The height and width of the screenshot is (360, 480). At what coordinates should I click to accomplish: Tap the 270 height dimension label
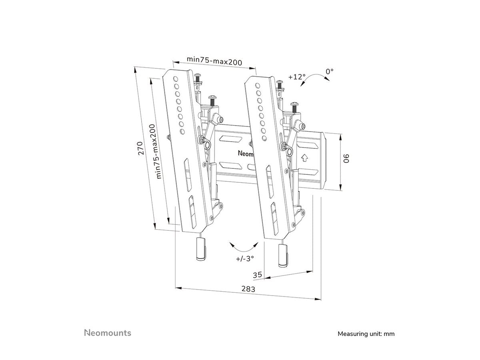(141, 149)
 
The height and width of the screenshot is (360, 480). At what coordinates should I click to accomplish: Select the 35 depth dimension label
(258, 275)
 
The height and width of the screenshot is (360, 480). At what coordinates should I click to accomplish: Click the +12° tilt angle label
(296, 76)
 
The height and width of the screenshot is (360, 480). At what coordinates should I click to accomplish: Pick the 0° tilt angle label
(329, 71)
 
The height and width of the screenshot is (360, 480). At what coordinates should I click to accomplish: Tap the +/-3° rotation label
(245, 258)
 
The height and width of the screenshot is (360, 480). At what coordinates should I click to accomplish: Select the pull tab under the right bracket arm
(283, 255)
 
